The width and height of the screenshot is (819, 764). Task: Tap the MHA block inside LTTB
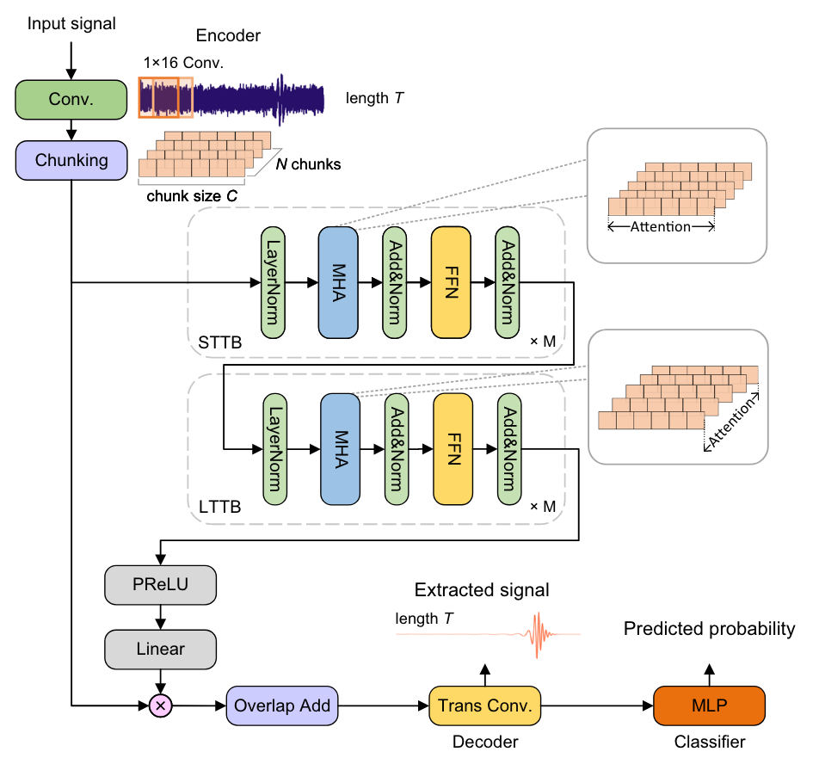coord(340,448)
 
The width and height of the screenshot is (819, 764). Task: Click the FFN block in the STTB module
coord(451,281)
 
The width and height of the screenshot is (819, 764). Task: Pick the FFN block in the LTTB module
coord(453,448)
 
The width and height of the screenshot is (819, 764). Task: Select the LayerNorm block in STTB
coord(273,281)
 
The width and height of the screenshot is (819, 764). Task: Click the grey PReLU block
coord(160,586)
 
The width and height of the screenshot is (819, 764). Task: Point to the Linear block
coord(160,648)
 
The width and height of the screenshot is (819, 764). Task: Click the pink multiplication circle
coord(161,706)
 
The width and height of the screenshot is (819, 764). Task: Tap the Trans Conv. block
coord(485,706)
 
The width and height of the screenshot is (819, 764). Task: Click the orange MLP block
coord(710,706)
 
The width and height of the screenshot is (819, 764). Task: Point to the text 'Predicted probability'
coord(709,629)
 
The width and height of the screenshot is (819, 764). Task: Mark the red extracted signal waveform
coord(540,635)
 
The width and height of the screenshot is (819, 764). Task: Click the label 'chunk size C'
coord(192,195)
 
